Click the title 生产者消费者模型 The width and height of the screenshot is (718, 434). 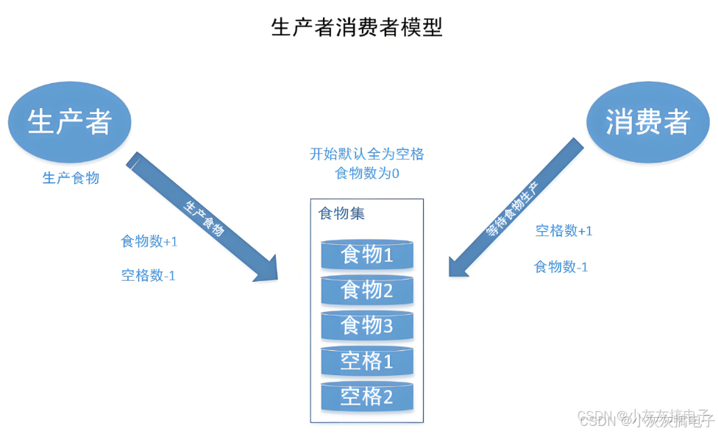(x=357, y=28)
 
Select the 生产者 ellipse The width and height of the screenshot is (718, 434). (x=69, y=121)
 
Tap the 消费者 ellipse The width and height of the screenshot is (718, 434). (x=647, y=121)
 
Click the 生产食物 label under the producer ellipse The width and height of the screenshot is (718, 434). (x=71, y=178)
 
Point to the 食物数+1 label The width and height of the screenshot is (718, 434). (x=149, y=241)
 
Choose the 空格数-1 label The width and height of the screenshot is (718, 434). (x=148, y=276)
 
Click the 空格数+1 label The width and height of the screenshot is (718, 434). (x=564, y=231)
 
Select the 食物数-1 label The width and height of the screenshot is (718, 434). (x=561, y=267)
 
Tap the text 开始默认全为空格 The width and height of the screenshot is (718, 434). (x=366, y=154)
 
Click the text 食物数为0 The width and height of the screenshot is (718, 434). (x=366, y=174)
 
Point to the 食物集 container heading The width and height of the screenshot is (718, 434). (x=341, y=214)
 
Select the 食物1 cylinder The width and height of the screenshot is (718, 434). (x=366, y=255)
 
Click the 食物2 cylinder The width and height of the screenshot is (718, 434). (x=366, y=290)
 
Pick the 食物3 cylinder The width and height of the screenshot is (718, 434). (x=366, y=324)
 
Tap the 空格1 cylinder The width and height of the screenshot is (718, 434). (x=366, y=360)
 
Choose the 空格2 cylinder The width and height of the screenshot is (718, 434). (x=366, y=397)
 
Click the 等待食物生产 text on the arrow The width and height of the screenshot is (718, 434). (x=513, y=208)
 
